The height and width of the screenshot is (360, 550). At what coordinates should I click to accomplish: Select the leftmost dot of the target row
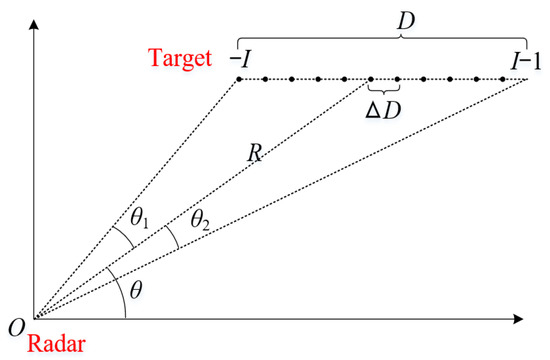[238, 78]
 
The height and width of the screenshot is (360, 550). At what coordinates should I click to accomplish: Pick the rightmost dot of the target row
[527, 78]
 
